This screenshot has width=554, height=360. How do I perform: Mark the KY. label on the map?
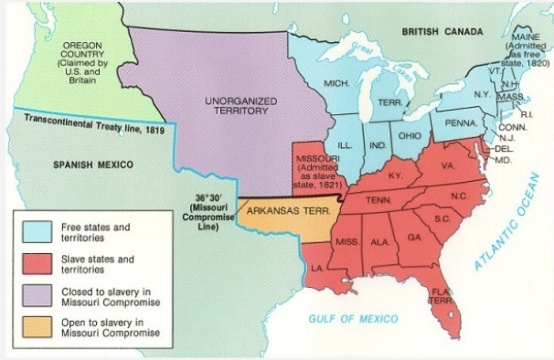pyautogui.click(x=395, y=175)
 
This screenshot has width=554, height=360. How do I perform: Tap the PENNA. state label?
pyautogui.click(x=463, y=122)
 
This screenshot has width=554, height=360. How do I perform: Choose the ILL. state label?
pyautogui.click(x=345, y=144)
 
